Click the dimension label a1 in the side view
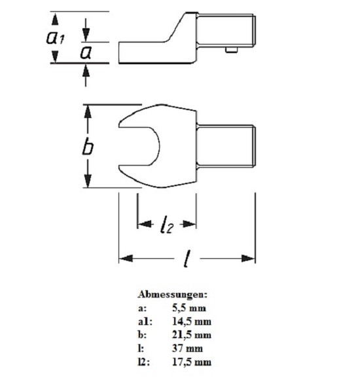[x=55, y=37]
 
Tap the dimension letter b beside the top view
[x=88, y=146]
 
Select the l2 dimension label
[x=167, y=224]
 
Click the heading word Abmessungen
[x=172, y=294]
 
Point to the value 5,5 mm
[x=189, y=308]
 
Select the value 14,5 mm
[x=192, y=322]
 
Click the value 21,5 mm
[x=192, y=335]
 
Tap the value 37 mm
[x=187, y=349]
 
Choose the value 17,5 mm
[x=192, y=362]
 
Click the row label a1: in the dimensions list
[x=145, y=322]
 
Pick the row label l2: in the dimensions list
[x=143, y=362]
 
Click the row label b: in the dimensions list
[x=142, y=335]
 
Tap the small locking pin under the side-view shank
[x=232, y=50]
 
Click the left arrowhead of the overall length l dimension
[x=126, y=258]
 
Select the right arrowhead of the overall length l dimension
[x=248, y=258]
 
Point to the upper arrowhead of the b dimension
[x=88, y=111]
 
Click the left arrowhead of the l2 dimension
[x=145, y=224]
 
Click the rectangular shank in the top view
[x=226, y=146]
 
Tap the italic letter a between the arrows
[x=86, y=52]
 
